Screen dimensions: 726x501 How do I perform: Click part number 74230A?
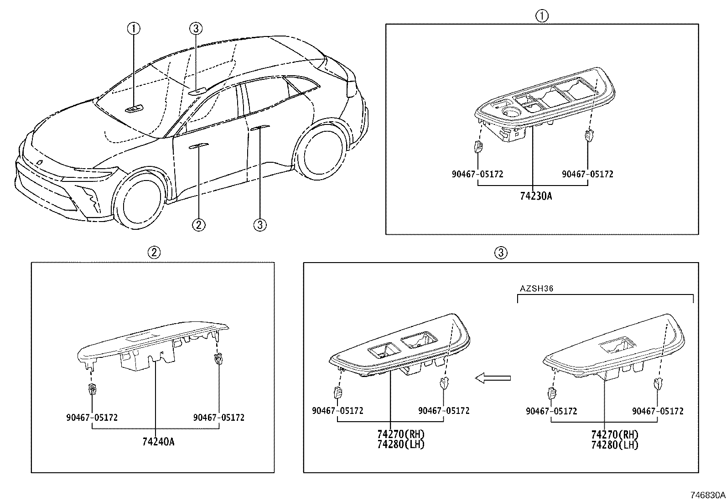[536, 196]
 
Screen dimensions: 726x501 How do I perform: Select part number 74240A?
[158, 442]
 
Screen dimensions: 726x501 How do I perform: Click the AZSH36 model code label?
[536, 289]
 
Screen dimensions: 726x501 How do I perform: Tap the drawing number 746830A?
[707, 495]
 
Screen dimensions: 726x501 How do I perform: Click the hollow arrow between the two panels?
[493, 378]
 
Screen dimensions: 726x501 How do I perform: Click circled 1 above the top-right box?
[542, 16]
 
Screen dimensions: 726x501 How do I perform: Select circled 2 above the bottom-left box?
[154, 253]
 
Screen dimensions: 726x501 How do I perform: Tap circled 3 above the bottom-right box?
[501, 253]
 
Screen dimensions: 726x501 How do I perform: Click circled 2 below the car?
[199, 225]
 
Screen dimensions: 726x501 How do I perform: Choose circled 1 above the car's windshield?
[134, 29]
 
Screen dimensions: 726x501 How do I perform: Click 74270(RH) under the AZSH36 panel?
[615, 434]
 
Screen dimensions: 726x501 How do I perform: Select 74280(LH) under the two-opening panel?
[401, 444]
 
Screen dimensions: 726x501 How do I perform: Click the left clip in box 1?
[478, 146]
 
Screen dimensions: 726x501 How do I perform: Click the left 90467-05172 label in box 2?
[92, 418]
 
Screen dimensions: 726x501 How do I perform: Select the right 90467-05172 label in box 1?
[588, 174]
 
